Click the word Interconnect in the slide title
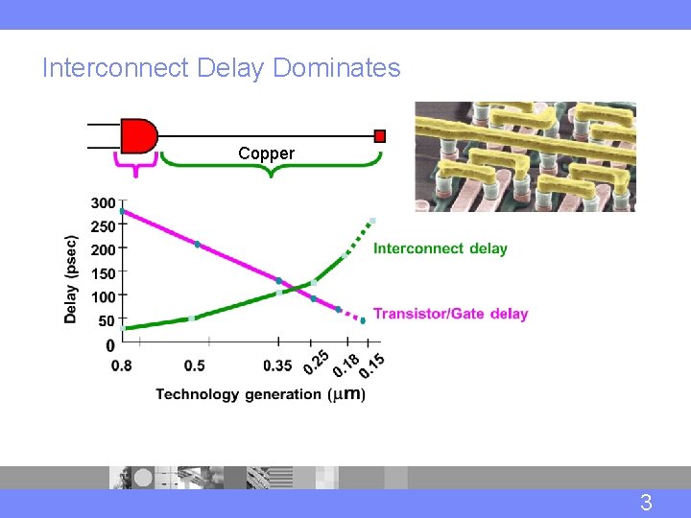115,68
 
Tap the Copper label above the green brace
266,153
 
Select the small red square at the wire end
380,135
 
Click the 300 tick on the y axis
103,203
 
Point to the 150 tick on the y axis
103,273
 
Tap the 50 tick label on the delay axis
106,320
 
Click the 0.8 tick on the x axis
122,365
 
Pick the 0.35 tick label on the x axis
277,365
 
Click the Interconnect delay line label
440,248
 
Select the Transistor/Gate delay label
450,314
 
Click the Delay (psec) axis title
71,279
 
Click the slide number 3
646,502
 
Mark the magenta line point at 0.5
198,245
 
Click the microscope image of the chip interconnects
525,156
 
